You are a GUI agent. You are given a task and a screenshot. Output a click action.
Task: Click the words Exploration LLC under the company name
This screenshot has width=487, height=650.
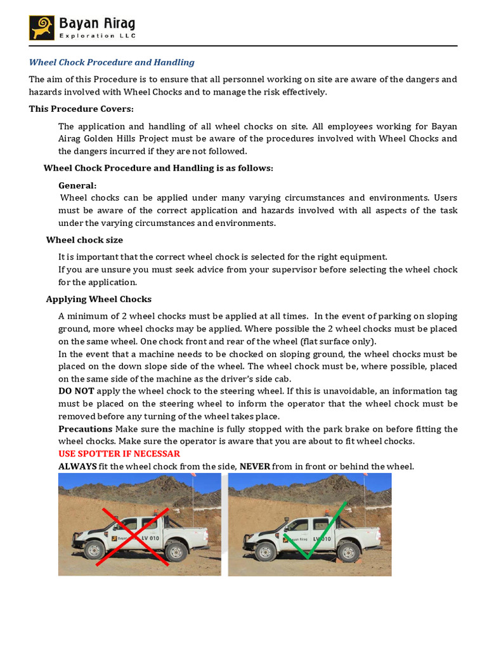97,36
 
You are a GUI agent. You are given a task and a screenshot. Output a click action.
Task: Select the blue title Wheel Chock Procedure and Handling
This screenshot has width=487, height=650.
112,62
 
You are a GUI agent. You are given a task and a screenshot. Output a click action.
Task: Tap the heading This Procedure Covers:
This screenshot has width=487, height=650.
81,109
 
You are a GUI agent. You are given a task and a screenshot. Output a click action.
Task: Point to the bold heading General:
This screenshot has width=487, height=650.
77,185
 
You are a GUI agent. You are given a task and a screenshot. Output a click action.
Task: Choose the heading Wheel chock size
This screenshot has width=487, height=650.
84,240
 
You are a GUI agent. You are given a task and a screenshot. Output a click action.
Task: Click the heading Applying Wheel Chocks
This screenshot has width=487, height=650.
98,299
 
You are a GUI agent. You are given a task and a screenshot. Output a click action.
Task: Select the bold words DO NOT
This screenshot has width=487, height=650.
76,391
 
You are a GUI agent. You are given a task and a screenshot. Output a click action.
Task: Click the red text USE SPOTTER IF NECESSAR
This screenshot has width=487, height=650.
119,454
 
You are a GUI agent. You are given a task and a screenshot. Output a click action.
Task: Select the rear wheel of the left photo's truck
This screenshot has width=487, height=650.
176,550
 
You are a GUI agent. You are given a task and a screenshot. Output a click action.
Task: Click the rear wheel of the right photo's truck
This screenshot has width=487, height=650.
347,550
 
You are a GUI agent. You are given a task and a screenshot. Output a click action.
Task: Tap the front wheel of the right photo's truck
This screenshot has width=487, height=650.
265,550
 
